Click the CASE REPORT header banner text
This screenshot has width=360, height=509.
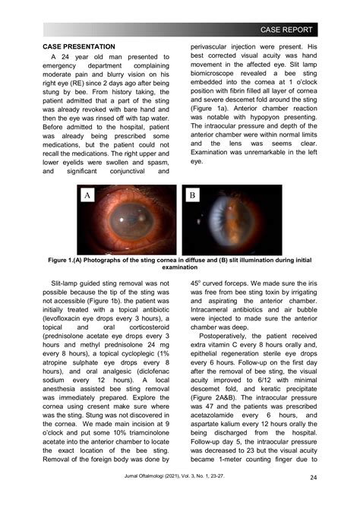tap(286, 30)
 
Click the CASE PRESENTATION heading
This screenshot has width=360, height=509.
tap(79, 47)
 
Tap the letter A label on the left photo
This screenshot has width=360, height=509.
tap(89, 196)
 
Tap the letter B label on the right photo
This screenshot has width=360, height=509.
tap(192, 196)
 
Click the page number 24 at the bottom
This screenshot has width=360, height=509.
tap(313, 477)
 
